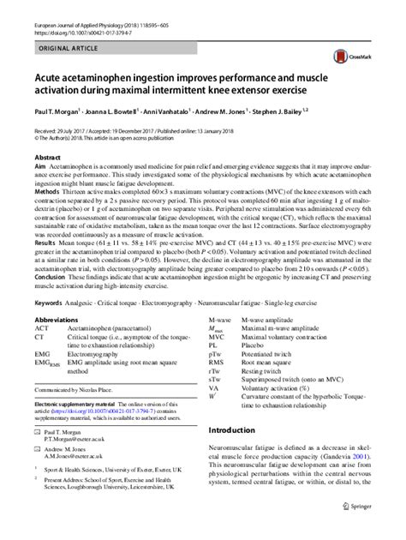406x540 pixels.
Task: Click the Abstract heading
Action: click(47, 159)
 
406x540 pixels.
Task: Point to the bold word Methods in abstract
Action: click(48, 193)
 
